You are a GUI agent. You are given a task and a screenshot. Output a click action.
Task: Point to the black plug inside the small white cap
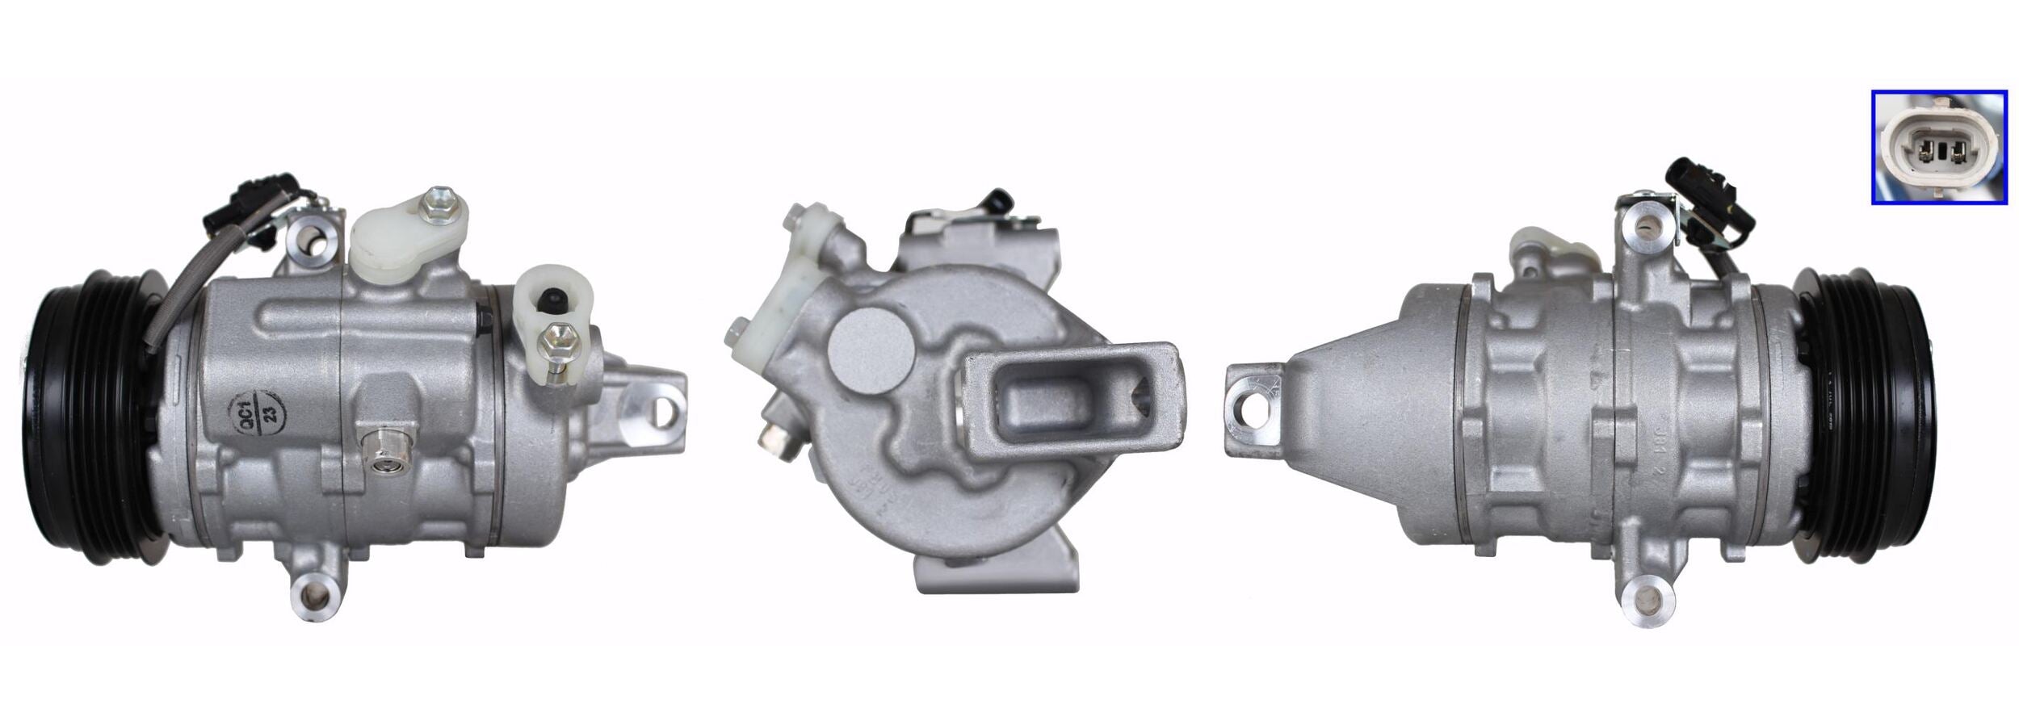pos(554,301)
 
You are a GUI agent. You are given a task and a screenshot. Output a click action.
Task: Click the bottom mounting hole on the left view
pos(315,596)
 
